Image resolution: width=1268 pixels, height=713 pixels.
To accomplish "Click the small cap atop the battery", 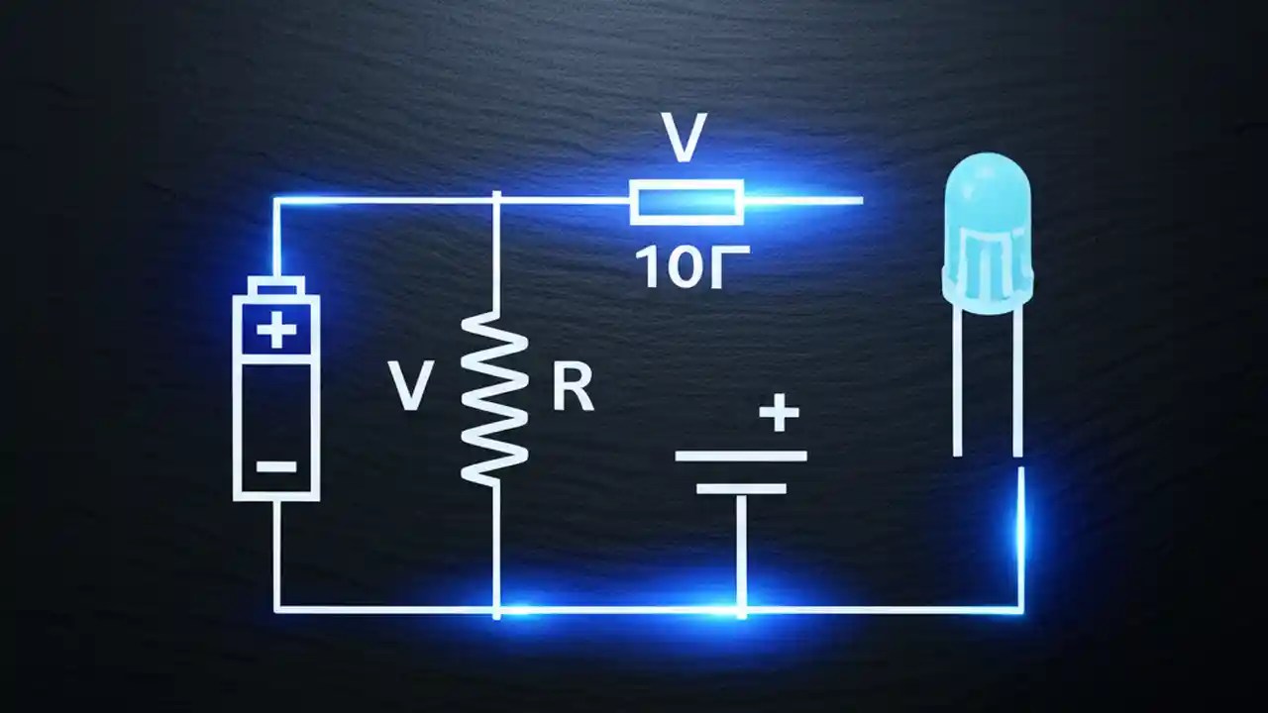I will pos(276,287).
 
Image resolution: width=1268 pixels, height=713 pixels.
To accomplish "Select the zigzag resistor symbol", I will pos(495,396).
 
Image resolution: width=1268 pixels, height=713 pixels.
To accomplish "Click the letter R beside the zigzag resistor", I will pos(573,389).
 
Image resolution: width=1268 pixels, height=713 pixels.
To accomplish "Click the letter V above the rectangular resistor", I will pos(686,139).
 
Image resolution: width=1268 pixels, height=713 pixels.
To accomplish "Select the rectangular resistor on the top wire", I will pos(687,202).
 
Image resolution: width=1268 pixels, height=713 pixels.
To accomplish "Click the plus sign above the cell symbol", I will pos(779,412).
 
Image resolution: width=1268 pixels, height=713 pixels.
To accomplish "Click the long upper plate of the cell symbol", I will pos(741,457).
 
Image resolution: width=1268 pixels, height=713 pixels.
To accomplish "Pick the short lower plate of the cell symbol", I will pos(741,488).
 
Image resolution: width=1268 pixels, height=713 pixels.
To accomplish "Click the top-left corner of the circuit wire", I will pos(276,201).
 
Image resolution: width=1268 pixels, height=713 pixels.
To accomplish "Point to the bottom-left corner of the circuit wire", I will pos(277,608).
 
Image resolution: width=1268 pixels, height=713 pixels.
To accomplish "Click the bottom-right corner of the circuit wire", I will pos(1020,609).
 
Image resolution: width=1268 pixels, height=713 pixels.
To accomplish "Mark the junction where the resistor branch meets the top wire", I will pos(495,201).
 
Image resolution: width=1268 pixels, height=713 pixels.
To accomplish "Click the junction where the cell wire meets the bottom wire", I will pos(741,609).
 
